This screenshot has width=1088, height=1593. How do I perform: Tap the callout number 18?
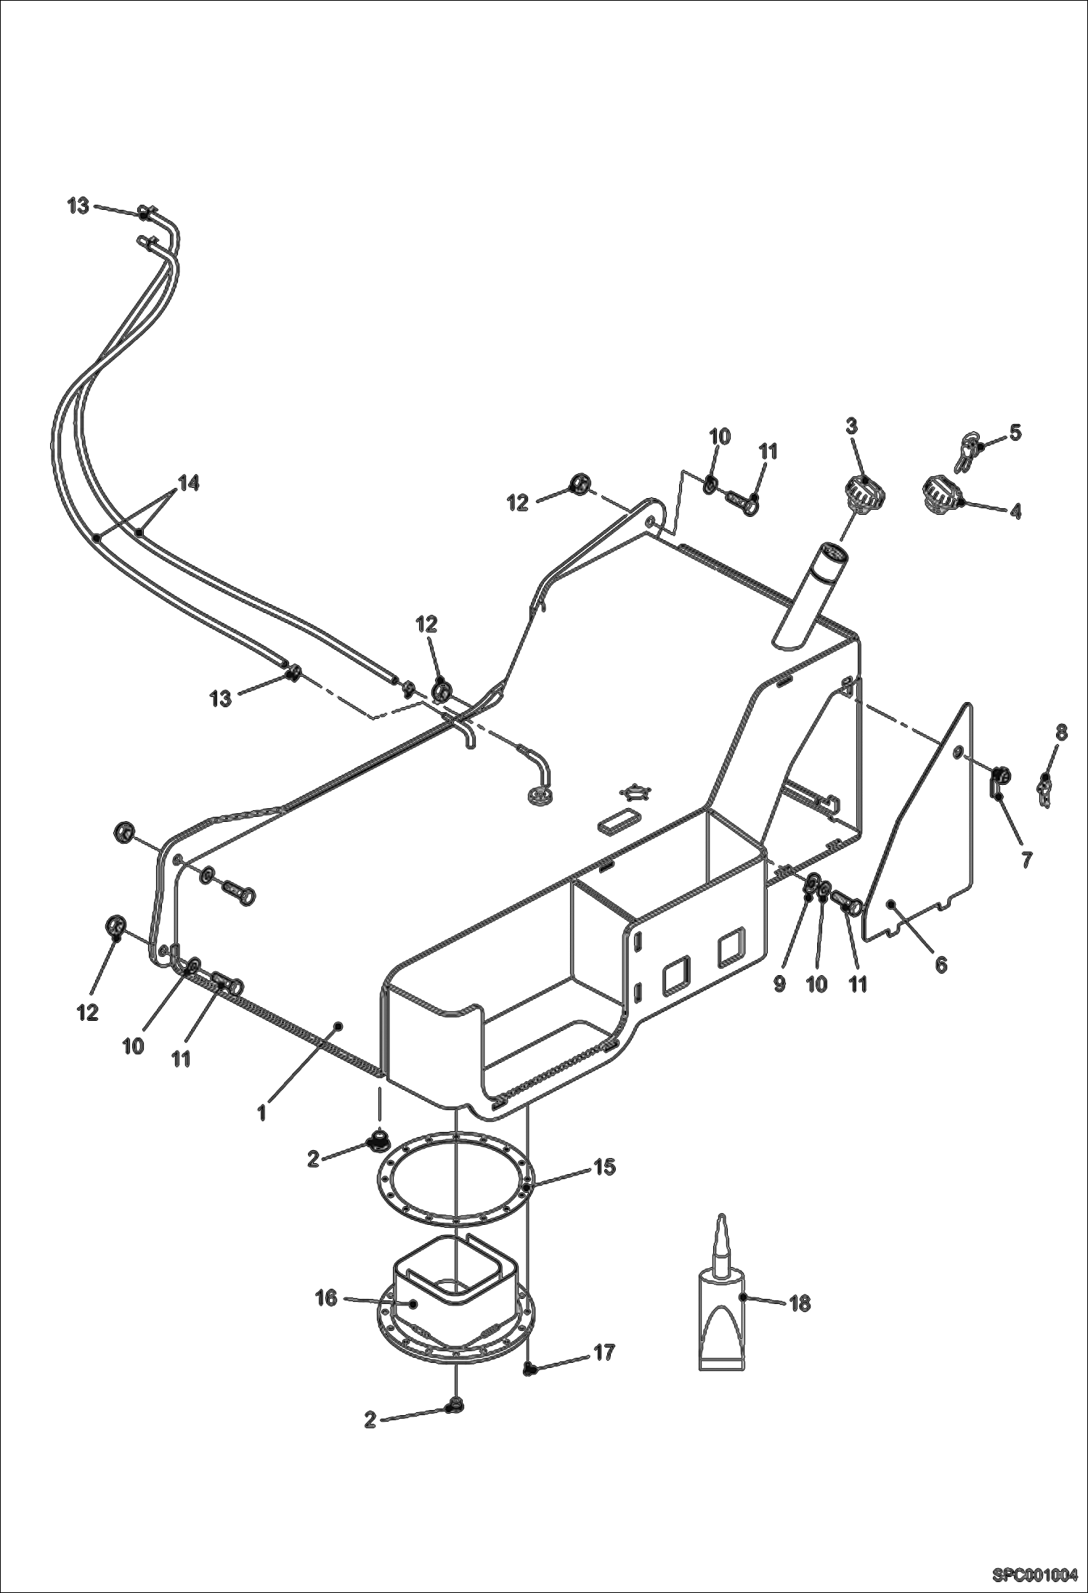[799, 1303]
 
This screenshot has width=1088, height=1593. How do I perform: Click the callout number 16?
[326, 1297]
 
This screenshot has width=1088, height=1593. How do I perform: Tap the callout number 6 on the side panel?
[941, 965]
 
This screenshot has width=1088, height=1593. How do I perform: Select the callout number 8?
[1061, 733]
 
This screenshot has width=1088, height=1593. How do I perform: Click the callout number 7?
[1026, 860]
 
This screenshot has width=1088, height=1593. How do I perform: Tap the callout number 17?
[604, 1352]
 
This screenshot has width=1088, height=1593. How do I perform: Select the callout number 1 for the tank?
[262, 1112]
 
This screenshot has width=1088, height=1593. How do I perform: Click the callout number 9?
[779, 984]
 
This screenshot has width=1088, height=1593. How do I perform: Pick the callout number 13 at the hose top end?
[78, 206]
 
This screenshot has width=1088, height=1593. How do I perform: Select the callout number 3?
[851, 425]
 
